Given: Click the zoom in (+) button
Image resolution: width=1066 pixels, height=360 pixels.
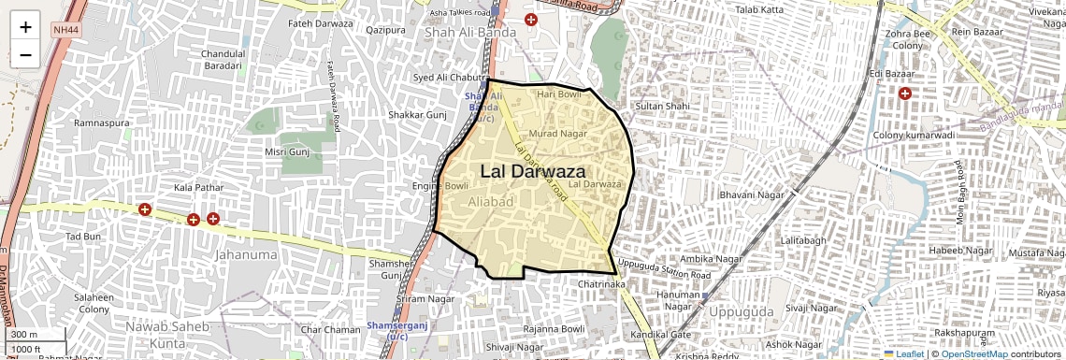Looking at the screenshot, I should (x=25, y=27).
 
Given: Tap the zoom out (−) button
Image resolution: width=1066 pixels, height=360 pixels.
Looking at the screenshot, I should (x=25, y=54).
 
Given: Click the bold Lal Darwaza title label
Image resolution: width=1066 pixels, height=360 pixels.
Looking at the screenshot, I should (x=533, y=172).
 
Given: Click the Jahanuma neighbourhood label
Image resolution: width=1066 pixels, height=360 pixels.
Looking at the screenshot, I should (x=246, y=254).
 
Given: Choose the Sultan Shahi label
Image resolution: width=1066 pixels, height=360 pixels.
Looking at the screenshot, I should (x=662, y=107).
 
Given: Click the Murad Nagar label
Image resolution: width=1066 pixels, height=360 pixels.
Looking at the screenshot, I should (x=557, y=134).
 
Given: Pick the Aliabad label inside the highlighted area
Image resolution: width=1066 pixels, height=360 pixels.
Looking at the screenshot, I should (x=491, y=202).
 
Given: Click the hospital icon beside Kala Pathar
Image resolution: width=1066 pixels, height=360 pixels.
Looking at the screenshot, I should (x=144, y=209).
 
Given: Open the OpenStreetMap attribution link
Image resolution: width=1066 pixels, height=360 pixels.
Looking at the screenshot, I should (x=974, y=354).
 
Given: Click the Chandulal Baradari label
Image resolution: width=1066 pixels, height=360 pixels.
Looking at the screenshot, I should (x=224, y=60).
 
